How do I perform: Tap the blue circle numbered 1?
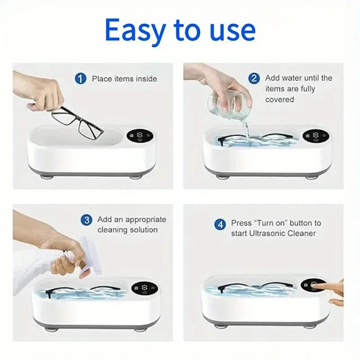pyautogui.click(x=80, y=79)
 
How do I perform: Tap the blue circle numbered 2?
pyautogui.click(x=254, y=78)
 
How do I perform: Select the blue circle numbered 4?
pyautogui.click(x=220, y=223)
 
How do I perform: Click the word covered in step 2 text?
pyautogui.click(x=279, y=99)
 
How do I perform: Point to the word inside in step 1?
pyautogui.click(x=147, y=79)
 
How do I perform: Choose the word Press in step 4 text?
pyautogui.click(x=241, y=223)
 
